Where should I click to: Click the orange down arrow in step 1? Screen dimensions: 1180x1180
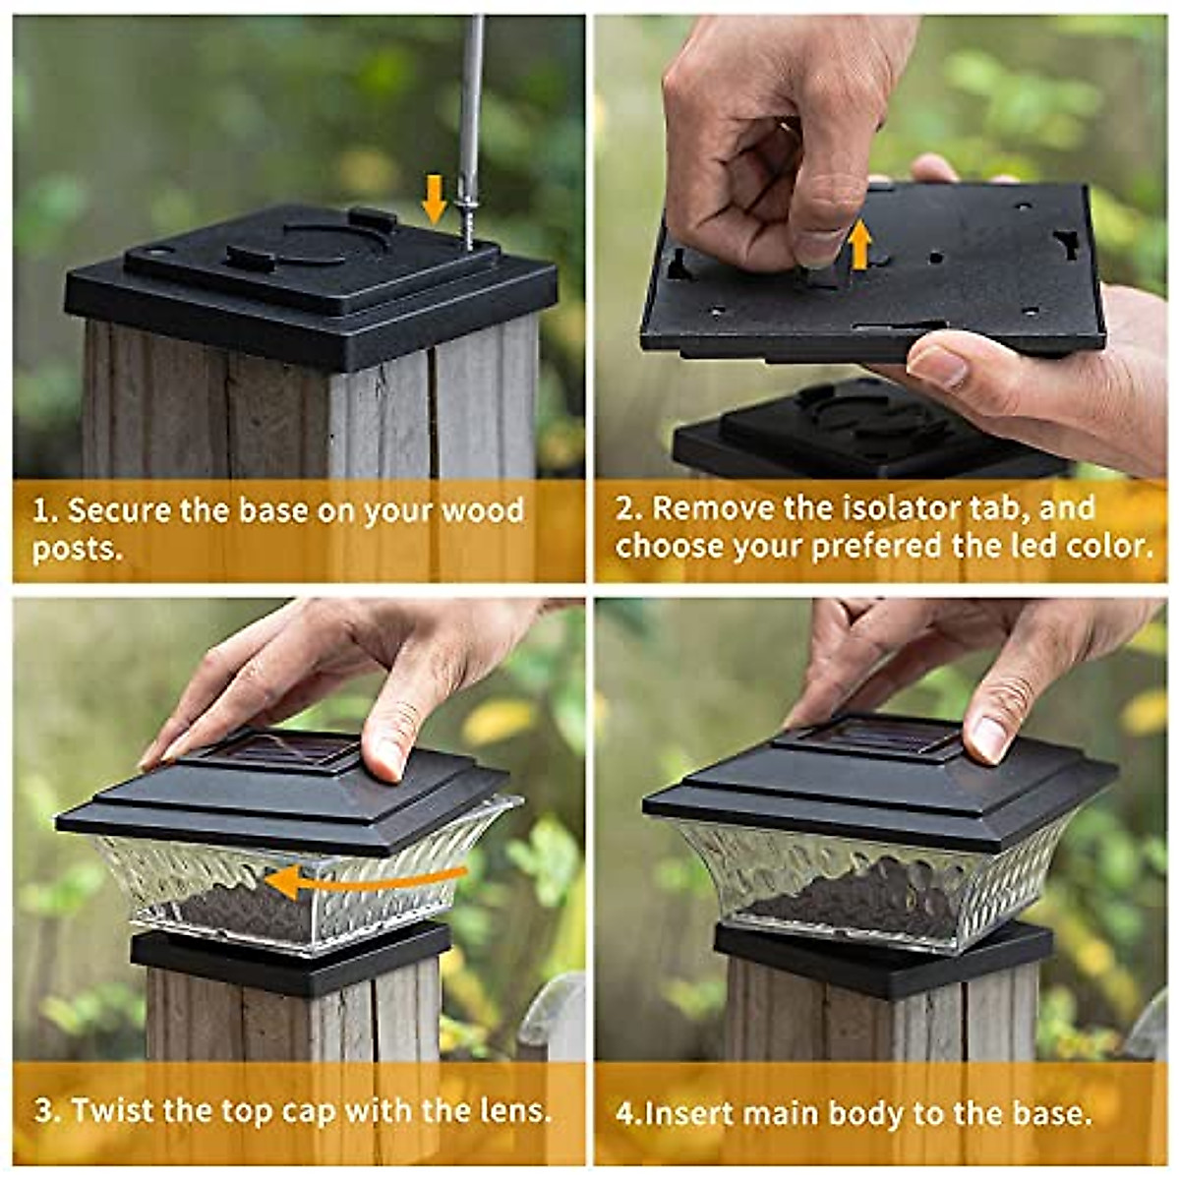pos(434,200)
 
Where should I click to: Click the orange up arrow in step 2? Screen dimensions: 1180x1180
pos(860,245)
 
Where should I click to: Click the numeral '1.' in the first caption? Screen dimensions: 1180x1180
pos(45,511)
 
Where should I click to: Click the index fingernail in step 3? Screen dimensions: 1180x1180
pos(386,758)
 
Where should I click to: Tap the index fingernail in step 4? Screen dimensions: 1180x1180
pos(987,738)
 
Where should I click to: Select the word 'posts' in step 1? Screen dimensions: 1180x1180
pos(75,549)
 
